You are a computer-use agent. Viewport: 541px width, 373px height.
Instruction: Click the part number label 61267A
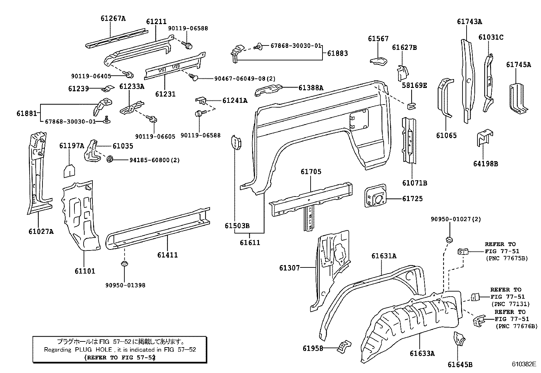coord(113,18)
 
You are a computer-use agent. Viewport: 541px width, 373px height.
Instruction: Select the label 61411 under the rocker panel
coord(167,255)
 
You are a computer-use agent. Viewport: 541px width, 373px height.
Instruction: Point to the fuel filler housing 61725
coord(375,197)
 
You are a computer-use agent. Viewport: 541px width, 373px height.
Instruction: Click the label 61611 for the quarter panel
coord(250,243)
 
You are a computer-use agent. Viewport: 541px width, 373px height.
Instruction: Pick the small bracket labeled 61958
coord(344,347)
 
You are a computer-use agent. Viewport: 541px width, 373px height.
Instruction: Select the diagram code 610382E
coord(524,364)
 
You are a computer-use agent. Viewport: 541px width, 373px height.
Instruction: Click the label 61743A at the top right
coord(469,21)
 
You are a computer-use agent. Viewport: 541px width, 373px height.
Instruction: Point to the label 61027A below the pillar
coord(41,232)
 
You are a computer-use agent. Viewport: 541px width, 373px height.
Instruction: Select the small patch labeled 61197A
coord(69,171)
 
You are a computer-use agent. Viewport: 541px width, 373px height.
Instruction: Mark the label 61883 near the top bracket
coord(337,53)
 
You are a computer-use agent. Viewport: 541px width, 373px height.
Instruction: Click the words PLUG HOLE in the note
coord(88,349)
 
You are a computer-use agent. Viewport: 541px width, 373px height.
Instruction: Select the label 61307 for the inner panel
coord(290,268)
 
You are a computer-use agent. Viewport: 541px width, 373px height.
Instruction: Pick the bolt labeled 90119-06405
coord(129,75)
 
